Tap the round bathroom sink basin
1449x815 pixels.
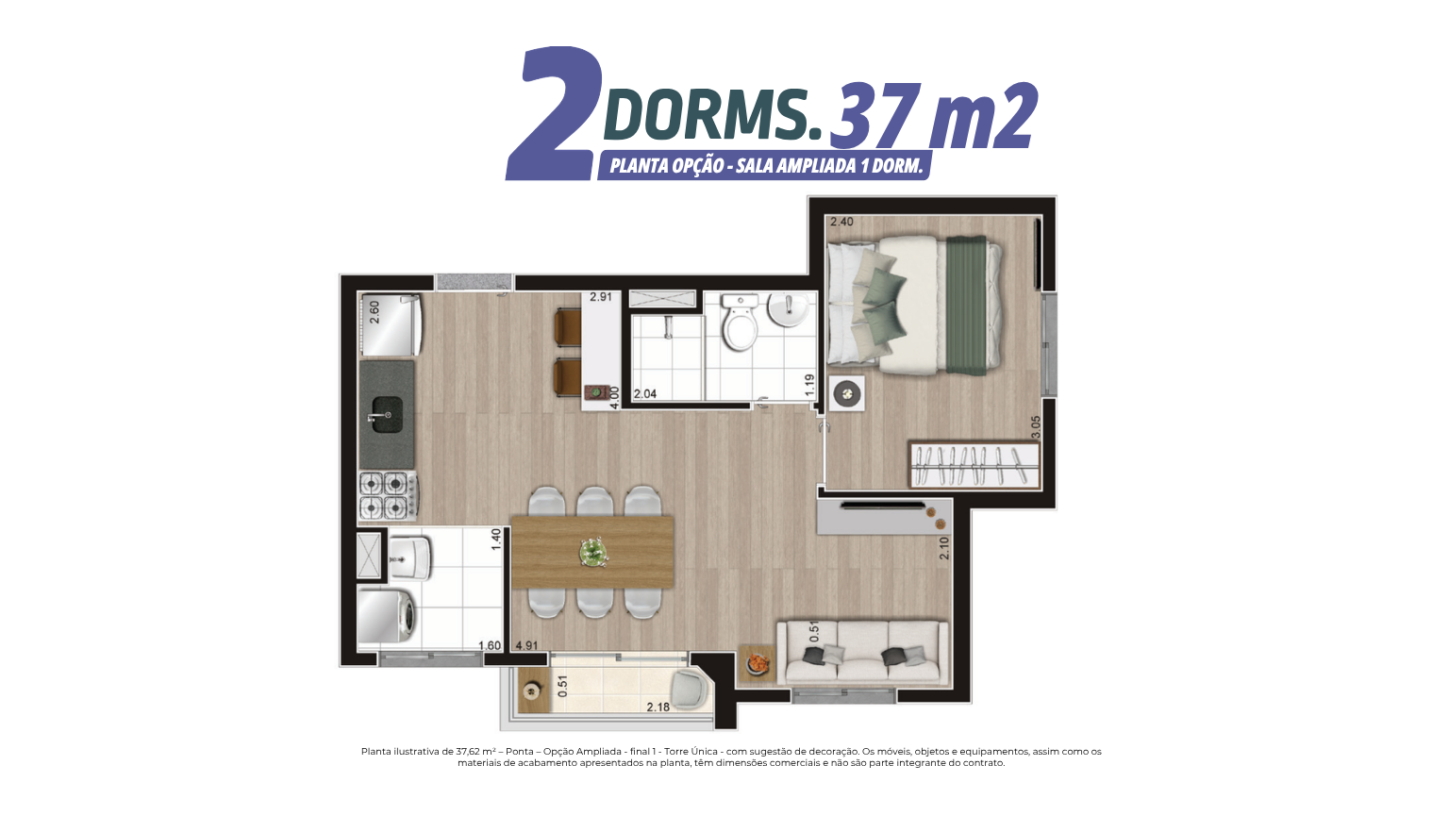(x=788, y=309)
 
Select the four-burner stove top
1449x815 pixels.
(x=388, y=495)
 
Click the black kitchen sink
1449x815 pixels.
(x=386, y=414)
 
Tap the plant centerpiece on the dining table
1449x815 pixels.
(x=592, y=553)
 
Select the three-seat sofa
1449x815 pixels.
(x=862, y=652)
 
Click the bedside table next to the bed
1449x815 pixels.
(x=847, y=392)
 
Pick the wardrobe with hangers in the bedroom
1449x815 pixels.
(x=974, y=465)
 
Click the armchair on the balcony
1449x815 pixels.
(x=691, y=690)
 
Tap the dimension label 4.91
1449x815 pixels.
(x=526, y=645)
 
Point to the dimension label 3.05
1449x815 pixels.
(x=1035, y=427)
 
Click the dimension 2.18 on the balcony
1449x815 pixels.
(x=658, y=707)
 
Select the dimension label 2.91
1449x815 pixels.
(x=600, y=297)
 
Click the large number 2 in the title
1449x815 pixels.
(x=554, y=113)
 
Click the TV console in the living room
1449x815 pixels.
(x=884, y=516)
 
